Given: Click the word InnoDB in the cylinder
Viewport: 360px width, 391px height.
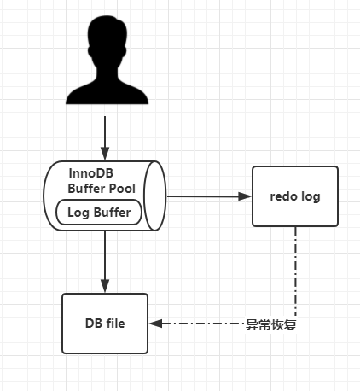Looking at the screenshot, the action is [91, 173].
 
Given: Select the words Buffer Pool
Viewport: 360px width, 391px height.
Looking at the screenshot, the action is [102, 189].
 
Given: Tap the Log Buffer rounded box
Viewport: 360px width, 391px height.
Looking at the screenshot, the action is [99, 213].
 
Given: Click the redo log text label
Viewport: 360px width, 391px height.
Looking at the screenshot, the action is [295, 196].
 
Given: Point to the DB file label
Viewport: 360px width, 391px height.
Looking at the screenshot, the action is [105, 324].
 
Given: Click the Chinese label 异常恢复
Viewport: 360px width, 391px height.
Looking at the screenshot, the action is [271, 324].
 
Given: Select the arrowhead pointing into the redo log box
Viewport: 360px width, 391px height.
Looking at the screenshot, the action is [245, 196].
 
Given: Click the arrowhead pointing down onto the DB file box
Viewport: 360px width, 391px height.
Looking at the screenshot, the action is [105, 286].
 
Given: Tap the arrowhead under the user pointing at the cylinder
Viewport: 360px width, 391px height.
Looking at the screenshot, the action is [105, 154].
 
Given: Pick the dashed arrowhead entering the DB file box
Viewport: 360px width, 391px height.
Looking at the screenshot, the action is [156, 324].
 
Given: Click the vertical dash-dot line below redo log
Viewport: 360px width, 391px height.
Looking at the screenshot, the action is [295, 271].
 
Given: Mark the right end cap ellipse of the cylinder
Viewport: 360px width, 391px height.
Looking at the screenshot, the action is [155, 195].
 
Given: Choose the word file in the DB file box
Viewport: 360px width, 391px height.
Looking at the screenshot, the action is [115, 324].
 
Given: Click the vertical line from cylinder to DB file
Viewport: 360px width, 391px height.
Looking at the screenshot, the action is [105, 259].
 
